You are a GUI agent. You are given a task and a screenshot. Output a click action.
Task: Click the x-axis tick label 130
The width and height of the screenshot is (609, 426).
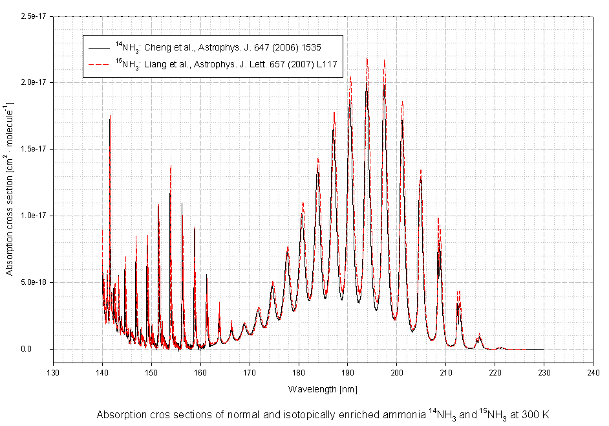(53, 372)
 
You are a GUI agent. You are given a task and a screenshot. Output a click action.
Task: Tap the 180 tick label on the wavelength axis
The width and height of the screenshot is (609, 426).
(299, 372)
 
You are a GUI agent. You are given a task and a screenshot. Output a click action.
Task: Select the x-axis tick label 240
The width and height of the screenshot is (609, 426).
(593, 372)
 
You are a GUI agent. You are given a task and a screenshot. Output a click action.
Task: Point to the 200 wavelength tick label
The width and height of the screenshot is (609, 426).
(396, 372)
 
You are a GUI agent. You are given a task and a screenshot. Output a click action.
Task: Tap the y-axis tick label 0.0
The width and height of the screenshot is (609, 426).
(43, 349)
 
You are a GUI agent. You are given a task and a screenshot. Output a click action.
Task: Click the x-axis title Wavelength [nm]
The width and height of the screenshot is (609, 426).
(323, 389)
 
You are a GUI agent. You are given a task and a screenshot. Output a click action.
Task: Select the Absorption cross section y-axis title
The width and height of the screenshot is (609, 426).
(10, 188)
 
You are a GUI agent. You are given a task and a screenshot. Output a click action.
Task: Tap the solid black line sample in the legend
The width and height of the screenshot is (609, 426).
(98, 48)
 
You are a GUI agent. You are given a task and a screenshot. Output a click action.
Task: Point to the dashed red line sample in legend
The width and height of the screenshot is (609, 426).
(98, 64)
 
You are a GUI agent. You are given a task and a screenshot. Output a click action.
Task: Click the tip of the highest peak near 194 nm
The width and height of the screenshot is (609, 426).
(367, 58)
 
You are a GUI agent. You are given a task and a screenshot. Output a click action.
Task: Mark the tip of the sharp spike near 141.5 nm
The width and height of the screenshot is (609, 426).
(110, 115)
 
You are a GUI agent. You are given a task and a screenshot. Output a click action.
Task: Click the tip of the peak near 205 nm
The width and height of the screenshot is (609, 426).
(421, 170)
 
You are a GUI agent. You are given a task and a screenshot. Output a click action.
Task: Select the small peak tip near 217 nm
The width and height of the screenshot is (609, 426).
(479, 334)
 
